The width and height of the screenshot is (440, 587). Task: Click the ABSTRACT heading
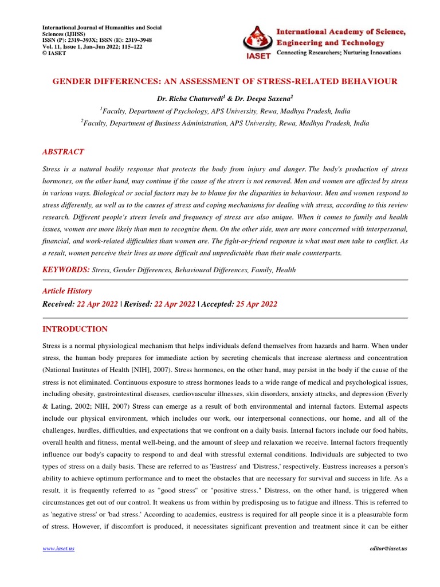tap(63, 152)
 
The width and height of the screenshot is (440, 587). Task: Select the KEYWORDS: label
tap(66, 269)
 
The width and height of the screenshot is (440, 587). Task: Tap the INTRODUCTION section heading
tap(75, 329)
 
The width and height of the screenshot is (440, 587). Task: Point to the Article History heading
tap(67, 291)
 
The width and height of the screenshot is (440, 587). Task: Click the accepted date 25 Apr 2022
tap(256, 304)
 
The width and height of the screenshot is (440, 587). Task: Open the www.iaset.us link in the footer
tap(58, 549)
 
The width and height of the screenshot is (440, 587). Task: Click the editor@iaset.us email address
tap(388, 549)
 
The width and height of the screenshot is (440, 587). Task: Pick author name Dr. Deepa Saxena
tap(252, 99)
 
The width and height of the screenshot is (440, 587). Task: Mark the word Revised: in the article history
tap(138, 304)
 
